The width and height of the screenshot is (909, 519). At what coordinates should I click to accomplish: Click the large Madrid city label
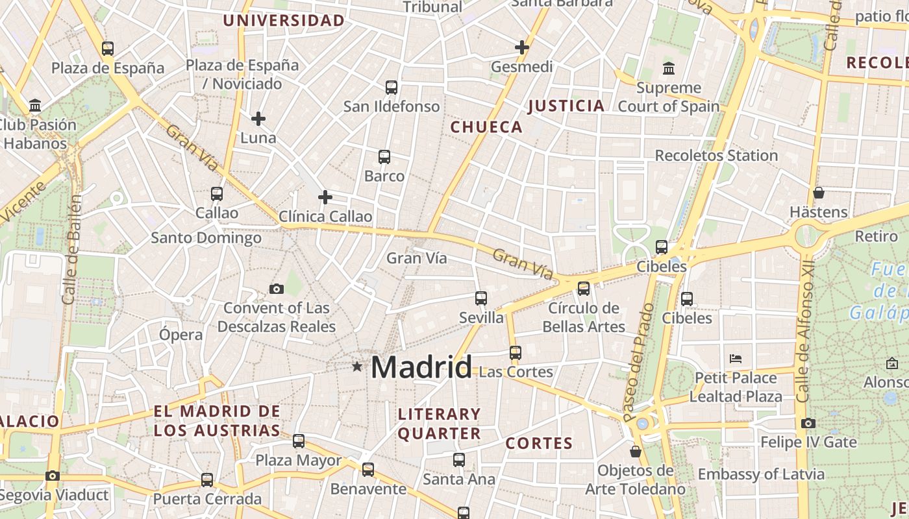(x=421, y=367)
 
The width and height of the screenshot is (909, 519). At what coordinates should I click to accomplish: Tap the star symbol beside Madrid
(x=356, y=367)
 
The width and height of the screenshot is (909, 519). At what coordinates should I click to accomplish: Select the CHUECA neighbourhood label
(x=486, y=127)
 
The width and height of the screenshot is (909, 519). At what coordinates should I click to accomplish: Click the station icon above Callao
(x=217, y=193)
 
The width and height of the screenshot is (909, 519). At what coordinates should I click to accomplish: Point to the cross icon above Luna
(x=258, y=119)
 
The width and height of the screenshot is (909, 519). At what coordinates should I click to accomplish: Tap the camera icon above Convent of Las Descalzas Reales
(x=277, y=289)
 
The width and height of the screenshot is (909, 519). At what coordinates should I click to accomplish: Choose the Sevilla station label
(x=481, y=317)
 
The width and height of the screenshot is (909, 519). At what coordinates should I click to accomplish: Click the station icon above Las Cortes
(x=516, y=353)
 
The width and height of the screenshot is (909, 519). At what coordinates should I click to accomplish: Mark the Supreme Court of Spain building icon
(x=669, y=68)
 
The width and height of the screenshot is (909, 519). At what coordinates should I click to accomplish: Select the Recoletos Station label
(x=716, y=156)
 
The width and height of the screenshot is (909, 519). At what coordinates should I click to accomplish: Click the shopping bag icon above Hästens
(x=819, y=193)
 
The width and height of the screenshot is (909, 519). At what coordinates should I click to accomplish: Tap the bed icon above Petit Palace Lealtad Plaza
(x=736, y=358)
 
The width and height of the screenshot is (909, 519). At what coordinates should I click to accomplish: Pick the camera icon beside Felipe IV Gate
(x=808, y=423)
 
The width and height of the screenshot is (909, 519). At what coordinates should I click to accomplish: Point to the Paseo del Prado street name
(x=640, y=361)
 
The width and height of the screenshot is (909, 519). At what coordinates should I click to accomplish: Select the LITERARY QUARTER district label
(x=439, y=424)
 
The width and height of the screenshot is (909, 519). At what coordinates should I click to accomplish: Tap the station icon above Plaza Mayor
(x=299, y=441)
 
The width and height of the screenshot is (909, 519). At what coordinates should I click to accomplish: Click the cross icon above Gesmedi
(x=522, y=47)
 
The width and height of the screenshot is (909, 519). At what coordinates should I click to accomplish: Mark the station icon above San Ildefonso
(x=392, y=87)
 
